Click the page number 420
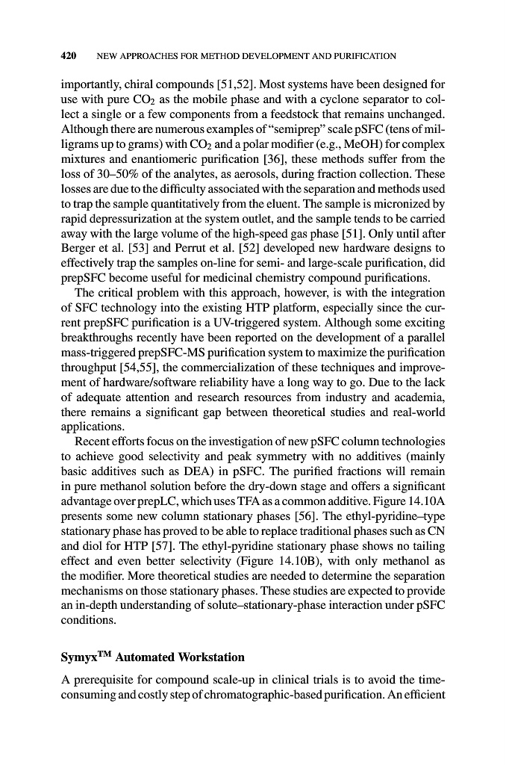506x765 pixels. (x=70, y=56)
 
